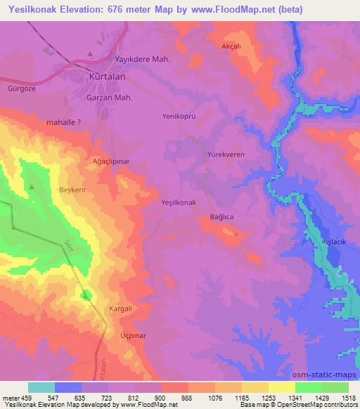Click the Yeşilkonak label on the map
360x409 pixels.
click(176, 202)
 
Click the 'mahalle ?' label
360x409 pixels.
click(67, 122)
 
